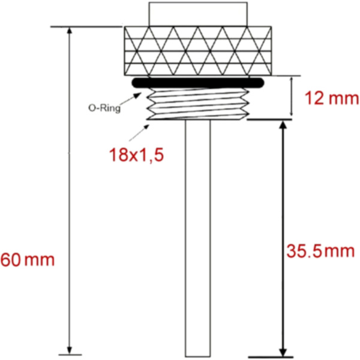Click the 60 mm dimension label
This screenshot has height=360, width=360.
point(28,260)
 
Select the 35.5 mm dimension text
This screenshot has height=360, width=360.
point(319,251)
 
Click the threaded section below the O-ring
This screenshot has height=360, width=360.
point(197,103)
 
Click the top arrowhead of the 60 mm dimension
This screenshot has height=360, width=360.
point(71,32)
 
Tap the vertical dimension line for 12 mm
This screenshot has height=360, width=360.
point(292,97)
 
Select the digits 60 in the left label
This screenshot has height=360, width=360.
point(11,260)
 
